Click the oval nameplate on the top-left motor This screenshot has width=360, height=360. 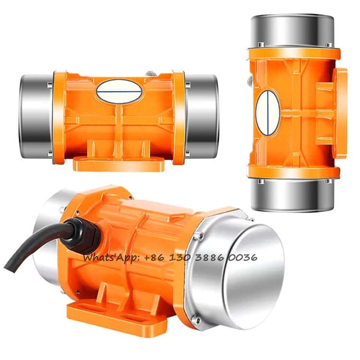(x=119, y=91)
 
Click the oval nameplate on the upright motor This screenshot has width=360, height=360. (x=268, y=113)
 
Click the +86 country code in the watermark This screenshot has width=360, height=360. (x=154, y=258)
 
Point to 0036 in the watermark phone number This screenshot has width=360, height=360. (x=243, y=258)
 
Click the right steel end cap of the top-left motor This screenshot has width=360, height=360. (x=202, y=116)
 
